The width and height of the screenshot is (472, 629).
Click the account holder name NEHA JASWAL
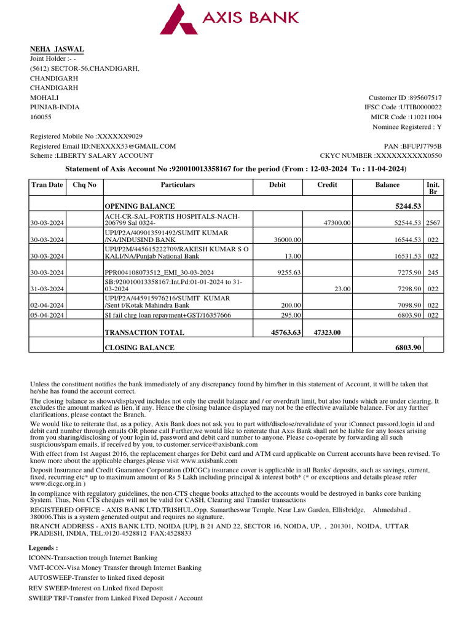point(57,49)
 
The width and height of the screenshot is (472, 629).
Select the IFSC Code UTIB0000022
point(421,107)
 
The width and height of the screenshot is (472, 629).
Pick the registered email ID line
point(103,146)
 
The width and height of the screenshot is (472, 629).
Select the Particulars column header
point(178,184)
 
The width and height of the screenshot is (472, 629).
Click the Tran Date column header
point(47,184)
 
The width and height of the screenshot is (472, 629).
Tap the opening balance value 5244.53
point(407,206)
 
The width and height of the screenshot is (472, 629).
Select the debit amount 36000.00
point(287,240)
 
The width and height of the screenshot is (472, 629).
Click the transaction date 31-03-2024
point(48,289)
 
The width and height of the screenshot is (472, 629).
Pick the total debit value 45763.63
point(286,332)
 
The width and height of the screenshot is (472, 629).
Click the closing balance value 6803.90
point(407,348)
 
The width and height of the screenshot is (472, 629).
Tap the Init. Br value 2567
point(433,223)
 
